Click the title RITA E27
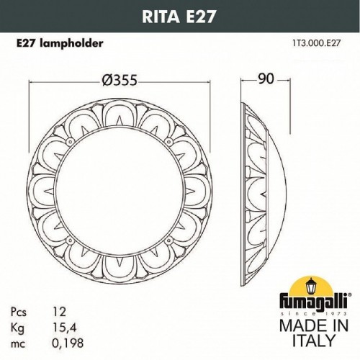(179, 13)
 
